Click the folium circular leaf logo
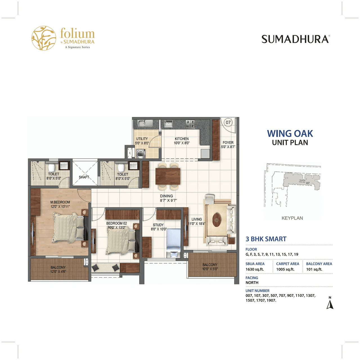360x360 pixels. click(x=44, y=38)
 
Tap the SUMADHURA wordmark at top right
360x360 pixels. click(x=296, y=39)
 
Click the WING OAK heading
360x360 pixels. click(x=290, y=134)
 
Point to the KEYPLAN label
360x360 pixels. click(x=292, y=218)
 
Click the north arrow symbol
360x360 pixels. click(x=330, y=304)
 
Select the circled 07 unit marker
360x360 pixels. click(x=228, y=122)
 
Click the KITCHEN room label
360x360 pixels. click(x=182, y=139)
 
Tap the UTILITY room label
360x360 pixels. click(x=142, y=139)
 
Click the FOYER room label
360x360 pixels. click(x=228, y=143)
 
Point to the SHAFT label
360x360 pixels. click(x=84, y=177)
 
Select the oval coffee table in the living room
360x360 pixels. click(x=217, y=219)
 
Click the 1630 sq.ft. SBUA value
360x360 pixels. click(x=255, y=269)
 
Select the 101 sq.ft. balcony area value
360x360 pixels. click(x=314, y=269)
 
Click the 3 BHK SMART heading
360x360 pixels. click(x=266, y=239)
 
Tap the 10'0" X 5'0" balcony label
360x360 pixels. click(x=210, y=269)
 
